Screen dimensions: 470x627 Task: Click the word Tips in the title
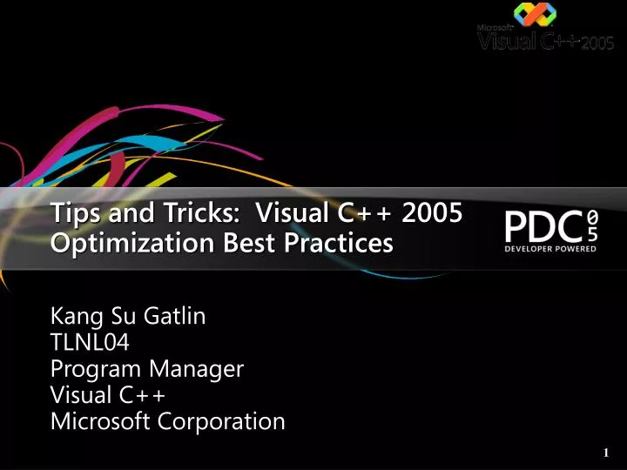[72, 212]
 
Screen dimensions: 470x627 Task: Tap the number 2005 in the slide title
[429, 212]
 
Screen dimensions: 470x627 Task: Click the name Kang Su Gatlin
[129, 316]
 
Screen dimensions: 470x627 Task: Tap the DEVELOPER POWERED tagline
[550, 249]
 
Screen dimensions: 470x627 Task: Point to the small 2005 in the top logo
[598, 44]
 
